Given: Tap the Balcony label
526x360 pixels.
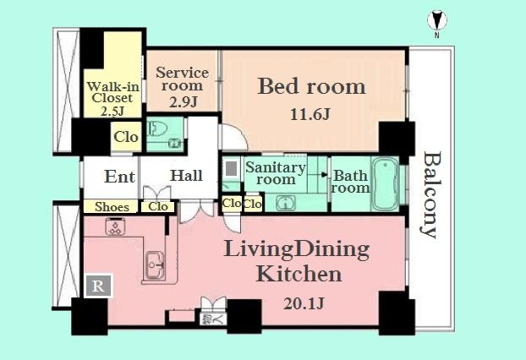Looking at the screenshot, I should (430, 195).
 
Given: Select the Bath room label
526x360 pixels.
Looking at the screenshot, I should (350, 182).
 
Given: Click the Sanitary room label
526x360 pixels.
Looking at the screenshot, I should (277, 173).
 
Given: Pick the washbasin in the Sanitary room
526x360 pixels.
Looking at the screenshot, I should (286, 202).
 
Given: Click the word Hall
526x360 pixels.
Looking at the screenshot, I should (186, 176).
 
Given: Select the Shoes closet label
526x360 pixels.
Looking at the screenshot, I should (112, 206).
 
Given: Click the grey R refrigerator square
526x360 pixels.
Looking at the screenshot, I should (98, 286).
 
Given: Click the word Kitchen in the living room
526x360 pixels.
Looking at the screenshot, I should (299, 274).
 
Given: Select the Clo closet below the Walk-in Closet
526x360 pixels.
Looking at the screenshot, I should (126, 137).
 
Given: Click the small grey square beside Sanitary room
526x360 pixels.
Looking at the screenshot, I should (231, 168).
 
